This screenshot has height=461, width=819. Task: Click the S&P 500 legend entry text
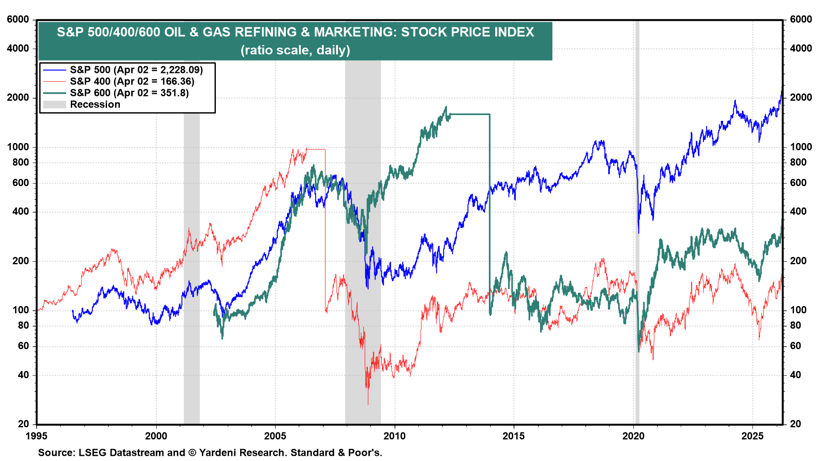pyautogui.click(x=136, y=70)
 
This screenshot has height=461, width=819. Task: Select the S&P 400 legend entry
pyautogui.click(x=132, y=81)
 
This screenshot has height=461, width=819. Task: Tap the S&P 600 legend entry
pyautogui.click(x=129, y=93)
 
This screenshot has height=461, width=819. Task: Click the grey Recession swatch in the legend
pyautogui.click(x=55, y=105)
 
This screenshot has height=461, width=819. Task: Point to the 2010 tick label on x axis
pyautogui.click(x=395, y=436)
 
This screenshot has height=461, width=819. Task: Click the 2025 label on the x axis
pyautogui.click(x=752, y=436)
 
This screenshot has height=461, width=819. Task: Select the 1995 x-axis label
pyautogui.click(x=37, y=436)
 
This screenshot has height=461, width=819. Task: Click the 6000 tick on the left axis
pyautogui.click(x=18, y=20)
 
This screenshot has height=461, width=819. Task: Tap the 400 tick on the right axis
pyautogui.click(x=798, y=212)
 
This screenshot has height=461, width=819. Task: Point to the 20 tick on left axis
pyautogui.click(x=23, y=424)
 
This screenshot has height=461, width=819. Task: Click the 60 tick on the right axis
pyautogui.click(x=796, y=346)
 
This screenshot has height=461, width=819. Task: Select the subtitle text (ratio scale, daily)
pyautogui.click(x=295, y=50)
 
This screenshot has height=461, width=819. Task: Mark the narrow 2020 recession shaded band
pyautogui.click(x=637, y=256)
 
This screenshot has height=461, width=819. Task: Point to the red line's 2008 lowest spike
pyautogui.click(x=368, y=404)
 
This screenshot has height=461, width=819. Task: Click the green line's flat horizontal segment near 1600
pyautogui.click(x=469, y=114)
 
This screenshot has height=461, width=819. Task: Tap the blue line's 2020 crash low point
pyautogui.click(x=639, y=233)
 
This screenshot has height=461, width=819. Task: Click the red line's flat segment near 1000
pyautogui.click(x=316, y=149)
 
